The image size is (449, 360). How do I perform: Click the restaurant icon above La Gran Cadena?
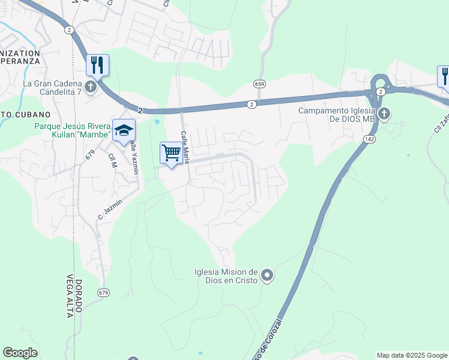(x=97, y=64)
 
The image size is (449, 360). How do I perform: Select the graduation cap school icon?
(x=124, y=130)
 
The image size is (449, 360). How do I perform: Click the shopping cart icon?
(x=171, y=153)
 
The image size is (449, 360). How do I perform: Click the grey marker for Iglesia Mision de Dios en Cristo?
(x=268, y=275)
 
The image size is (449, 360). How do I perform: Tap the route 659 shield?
(x=259, y=83)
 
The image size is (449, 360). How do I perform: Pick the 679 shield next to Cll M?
(x=91, y=154)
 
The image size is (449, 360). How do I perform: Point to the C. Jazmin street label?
(x=110, y=209)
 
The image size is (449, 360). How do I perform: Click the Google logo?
(x=20, y=353)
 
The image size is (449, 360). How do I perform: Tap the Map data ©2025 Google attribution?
(x=412, y=355)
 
